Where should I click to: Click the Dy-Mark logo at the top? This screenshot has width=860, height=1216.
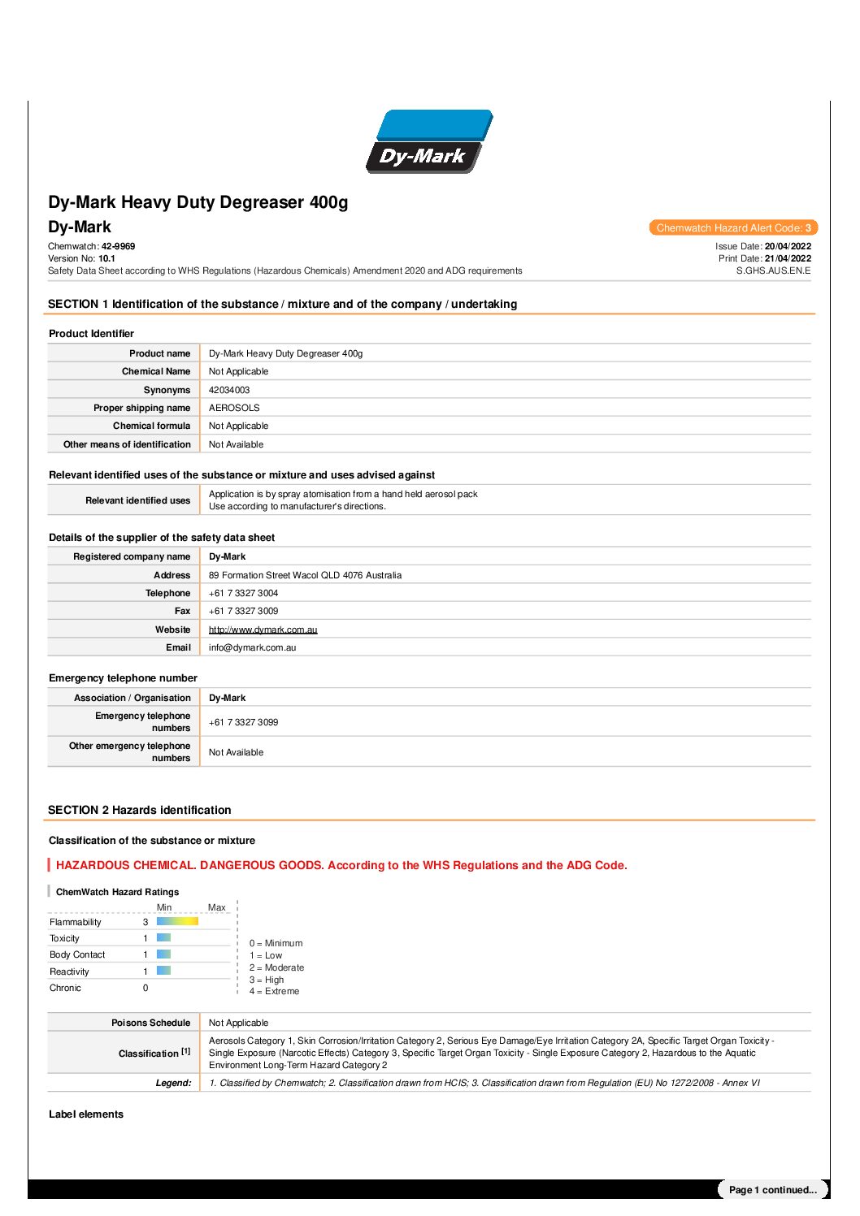coord(429,141)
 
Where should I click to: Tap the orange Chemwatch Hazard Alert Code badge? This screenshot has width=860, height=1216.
coord(733,228)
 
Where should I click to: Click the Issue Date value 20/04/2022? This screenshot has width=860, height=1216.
coord(788,246)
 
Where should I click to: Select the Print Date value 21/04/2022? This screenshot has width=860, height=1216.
coord(788,258)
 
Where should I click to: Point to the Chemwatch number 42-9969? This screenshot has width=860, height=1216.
coord(119,246)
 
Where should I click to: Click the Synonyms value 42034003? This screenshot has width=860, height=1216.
coord(229,390)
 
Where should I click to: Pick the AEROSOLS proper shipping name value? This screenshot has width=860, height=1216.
coord(234,408)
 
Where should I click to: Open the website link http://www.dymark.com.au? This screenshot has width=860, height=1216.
coord(263,630)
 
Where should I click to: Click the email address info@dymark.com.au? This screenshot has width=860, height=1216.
coord(252,647)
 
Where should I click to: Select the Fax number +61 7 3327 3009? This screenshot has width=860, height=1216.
coord(243,611)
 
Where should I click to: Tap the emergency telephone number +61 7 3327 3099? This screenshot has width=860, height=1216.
coord(243,722)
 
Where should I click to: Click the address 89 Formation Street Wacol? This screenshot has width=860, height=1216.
coord(305,575)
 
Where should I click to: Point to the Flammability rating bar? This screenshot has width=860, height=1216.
coord(177,921)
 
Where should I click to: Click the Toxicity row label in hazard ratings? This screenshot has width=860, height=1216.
coord(65,938)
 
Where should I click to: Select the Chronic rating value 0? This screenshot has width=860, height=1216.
coord(146,988)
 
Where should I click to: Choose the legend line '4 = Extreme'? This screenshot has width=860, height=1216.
coord(274,991)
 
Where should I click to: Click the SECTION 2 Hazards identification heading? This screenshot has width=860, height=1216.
coord(139,810)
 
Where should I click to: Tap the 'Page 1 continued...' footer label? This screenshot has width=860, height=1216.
coord(772,1190)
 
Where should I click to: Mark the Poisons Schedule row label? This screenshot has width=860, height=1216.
coord(150,1023)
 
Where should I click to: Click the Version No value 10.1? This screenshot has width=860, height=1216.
coord(106,258)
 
